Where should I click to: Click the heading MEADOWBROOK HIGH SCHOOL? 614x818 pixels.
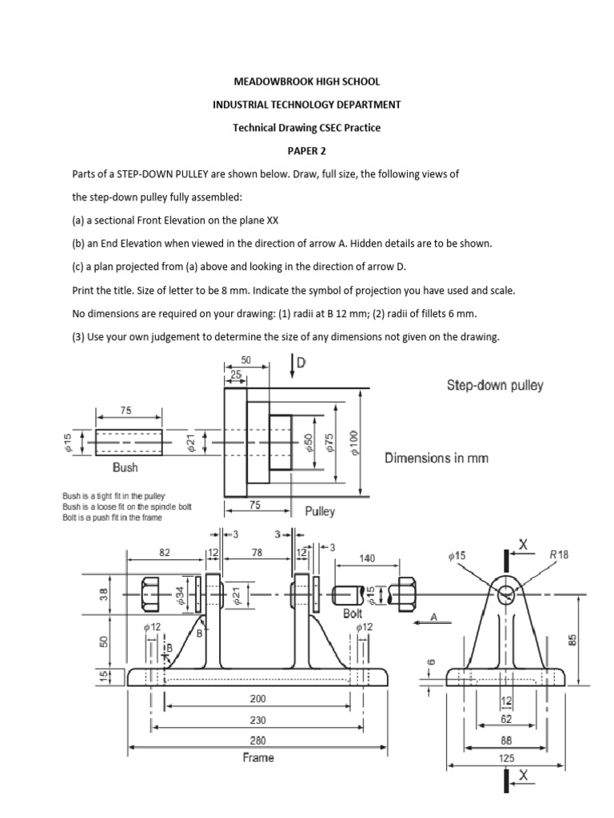tap(306, 81)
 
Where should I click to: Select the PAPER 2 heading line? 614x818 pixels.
tap(306, 150)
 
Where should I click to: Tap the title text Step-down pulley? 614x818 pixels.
tap(494, 385)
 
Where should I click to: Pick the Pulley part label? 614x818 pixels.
tap(320, 510)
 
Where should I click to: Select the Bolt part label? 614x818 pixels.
tap(353, 613)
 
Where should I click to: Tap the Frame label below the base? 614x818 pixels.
tap(258, 757)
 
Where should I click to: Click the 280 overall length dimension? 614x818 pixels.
tap(258, 740)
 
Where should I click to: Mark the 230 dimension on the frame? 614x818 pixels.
tap(258, 719)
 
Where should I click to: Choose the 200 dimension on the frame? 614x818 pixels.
tap(258, 697)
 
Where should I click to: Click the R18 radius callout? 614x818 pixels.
tap(556, 554)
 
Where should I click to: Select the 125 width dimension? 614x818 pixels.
tap(507, 757)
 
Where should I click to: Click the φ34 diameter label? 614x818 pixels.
tap(181, 595)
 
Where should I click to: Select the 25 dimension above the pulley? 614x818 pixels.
tap(236, 375)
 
